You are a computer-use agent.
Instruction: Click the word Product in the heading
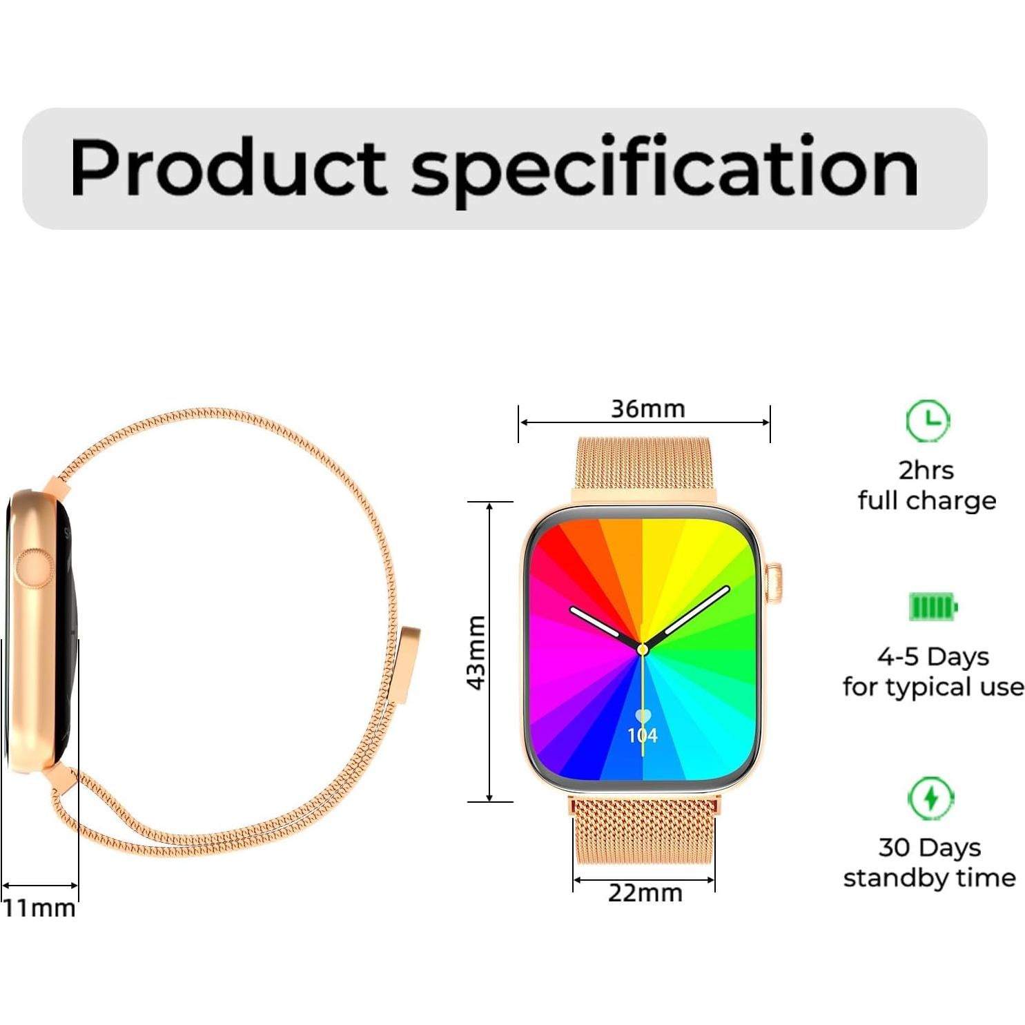pyautogui.click(x=228, y=167)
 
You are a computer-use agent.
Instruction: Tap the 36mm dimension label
pyautogui.click(x=647, y=409)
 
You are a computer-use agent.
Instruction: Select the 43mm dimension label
pyautogui.click(x=476, y=652)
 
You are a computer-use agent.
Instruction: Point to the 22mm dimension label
pyautogui.click(x=645, y=892)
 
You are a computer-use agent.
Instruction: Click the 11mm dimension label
pyautogui.click(x=39, y=908)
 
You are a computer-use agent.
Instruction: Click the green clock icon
pyautogui.click(x=928, y=420)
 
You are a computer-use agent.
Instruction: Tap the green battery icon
pyautogui.click(x=933, y=607)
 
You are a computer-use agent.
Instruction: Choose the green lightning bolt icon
pyautogui.click(x=930, y=798)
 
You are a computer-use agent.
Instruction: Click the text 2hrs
pyautogui.click(x=926, y=470)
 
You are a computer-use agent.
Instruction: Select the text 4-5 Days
pyautogui.click(x=933, y=656)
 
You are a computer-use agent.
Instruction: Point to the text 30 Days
pyautogui.click(x=929, y=847)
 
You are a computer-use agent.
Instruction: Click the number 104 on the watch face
pyautogui.click(x=643, y=736)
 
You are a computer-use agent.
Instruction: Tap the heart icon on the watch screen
pyautogui.click(x=643, y=716)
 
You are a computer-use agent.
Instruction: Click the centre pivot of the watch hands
pyautogui.click(x=643, y=649)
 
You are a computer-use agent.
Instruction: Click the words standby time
pyautogui.click(x=929, y=877)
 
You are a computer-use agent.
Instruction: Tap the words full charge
pyautogui.click(x=926, y=500)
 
